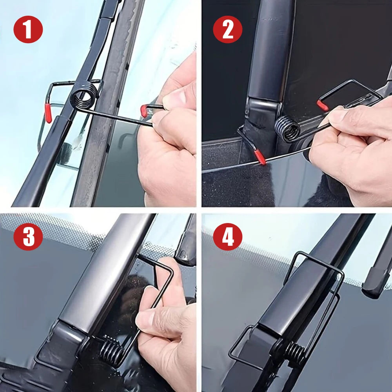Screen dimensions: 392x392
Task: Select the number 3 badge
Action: pos(28,236)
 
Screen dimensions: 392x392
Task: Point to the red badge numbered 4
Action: pos(228,236)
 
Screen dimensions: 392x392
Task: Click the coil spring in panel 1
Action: pos(84,96)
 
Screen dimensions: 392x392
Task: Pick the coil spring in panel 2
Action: pos(287,128)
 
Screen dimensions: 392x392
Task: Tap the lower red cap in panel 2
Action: pos(260,157)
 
